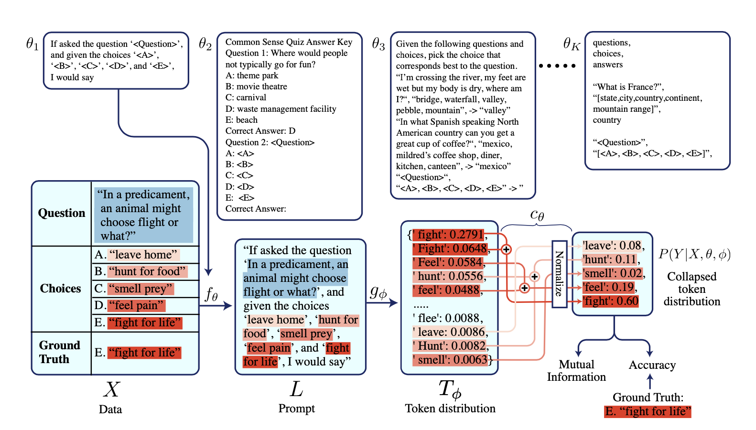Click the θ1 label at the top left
[32, 44]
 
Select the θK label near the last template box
[571, 44]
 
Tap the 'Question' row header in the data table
[62, 213]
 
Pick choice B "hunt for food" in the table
[147, 271]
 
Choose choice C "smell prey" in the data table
[140, 289]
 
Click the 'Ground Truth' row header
[59, 352]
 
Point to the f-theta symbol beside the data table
[211, 294]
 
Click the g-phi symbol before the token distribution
[378, 291]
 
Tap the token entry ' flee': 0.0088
[447, 318]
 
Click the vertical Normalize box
[559, 274]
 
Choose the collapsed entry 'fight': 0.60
[610, 301]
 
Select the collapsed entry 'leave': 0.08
[612, 246]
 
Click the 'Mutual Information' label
[576, 371]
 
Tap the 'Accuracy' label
[652, 365]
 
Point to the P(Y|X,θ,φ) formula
[694, 254]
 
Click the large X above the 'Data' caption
[111, 389]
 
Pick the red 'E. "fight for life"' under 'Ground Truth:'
[648, 411]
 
